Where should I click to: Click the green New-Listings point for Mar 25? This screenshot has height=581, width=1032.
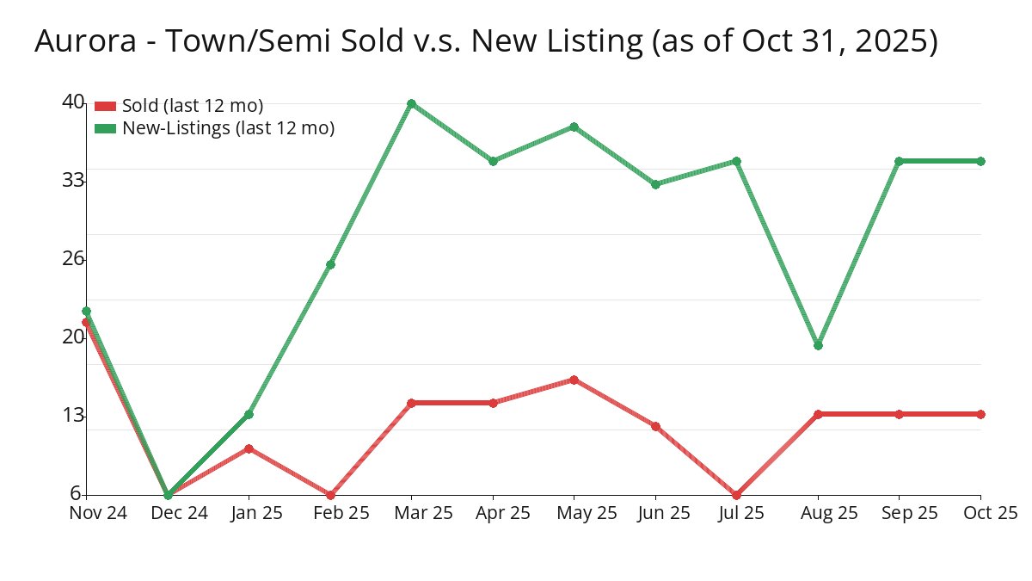click(x=412, y=103)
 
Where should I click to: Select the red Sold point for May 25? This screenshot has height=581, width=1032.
click(x=574, y=380)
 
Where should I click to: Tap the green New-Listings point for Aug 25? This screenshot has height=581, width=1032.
click(x=818, y=345)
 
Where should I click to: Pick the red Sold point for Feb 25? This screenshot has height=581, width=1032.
click(x=330, y=495)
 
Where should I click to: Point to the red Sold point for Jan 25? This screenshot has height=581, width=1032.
click(x=249, y=448)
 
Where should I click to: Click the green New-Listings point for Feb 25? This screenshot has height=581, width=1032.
click(x=330, y=264)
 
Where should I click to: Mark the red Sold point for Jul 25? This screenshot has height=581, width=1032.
click(x=737, y=495)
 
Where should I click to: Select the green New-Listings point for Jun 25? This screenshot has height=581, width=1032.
click(x=655, y=184)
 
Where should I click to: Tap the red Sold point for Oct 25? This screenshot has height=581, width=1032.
click(x=980, y=414)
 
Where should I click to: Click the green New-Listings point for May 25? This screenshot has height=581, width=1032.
click(x=574, y=127)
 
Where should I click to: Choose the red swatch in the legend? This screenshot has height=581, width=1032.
click(x=105, y=106)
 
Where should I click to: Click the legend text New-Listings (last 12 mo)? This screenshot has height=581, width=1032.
click(x=228, y=128)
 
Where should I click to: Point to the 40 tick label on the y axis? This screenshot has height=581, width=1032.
click(x=73, y=102)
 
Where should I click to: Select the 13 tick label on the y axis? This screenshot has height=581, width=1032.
click(x=73, y=416)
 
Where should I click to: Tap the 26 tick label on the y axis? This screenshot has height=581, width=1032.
click(x=73, y=258)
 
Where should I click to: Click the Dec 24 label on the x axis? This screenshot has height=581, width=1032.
click(x=168, y=513)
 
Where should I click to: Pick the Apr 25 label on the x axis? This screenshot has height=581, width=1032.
click(x=493, y=513)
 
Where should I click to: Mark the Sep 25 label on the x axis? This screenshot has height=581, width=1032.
click(x=899, y=513)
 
